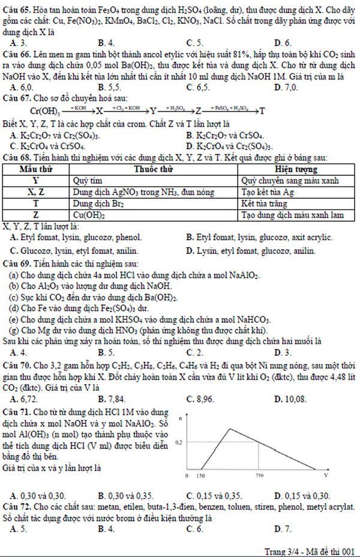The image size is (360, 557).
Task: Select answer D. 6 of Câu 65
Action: point(282,43)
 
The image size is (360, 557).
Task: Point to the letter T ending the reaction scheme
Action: point(262,112)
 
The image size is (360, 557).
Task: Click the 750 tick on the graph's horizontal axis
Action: point(259,475)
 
